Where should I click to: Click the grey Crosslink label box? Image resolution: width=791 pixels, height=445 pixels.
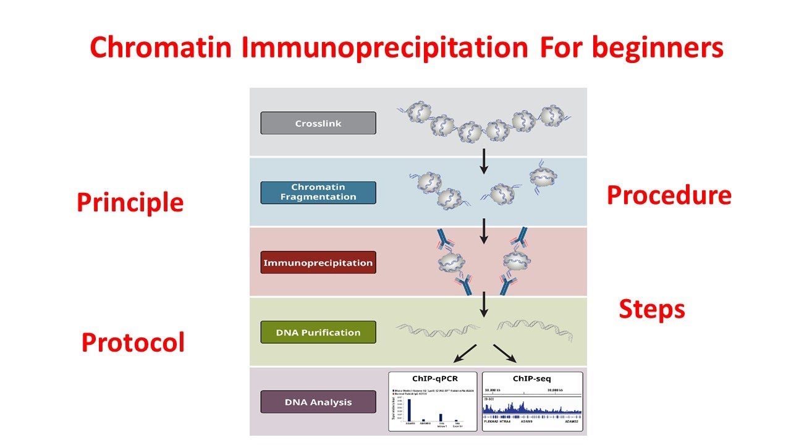(318, 123)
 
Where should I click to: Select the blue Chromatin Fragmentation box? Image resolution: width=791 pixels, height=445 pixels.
(318, 192)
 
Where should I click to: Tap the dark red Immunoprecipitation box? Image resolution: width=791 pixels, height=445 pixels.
(318, 263)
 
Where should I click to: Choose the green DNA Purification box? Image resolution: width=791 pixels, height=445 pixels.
(318, 333)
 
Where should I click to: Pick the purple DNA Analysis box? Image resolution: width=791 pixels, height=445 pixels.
(318, 402)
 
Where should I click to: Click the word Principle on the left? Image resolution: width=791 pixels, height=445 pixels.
(130, 203)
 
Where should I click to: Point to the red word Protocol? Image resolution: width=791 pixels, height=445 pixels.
(133, 342)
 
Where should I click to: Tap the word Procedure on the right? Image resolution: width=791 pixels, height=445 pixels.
(669, 195)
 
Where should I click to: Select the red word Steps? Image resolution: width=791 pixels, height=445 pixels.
(652, 309)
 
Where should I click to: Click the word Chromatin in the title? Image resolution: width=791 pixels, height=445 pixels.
(162, 48)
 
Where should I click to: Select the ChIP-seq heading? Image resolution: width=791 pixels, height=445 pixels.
(532, 378)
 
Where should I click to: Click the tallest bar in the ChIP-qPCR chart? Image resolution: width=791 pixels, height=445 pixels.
(408, 410)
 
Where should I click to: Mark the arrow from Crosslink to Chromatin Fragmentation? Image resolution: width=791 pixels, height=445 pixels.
(484, 161)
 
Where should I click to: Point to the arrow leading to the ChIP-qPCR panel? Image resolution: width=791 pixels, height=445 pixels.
(465, 354)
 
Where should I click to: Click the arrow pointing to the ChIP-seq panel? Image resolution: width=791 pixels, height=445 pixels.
(504, 354)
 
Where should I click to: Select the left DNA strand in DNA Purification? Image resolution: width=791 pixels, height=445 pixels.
(436, 331)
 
